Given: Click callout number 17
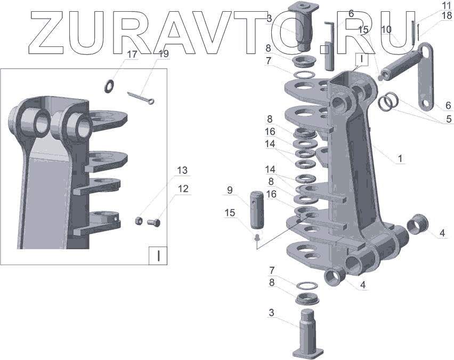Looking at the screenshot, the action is (132, 54).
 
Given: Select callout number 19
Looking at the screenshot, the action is (164, 54).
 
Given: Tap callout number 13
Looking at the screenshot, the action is (182, 170).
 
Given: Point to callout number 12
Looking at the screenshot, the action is (183, 189).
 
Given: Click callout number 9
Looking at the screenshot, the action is (230, 190).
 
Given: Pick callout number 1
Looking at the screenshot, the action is (400, 158).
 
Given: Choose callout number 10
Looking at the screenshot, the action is (386, 29).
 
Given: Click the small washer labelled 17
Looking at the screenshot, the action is (109, 86).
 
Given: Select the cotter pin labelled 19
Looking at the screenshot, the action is (141, 97).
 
